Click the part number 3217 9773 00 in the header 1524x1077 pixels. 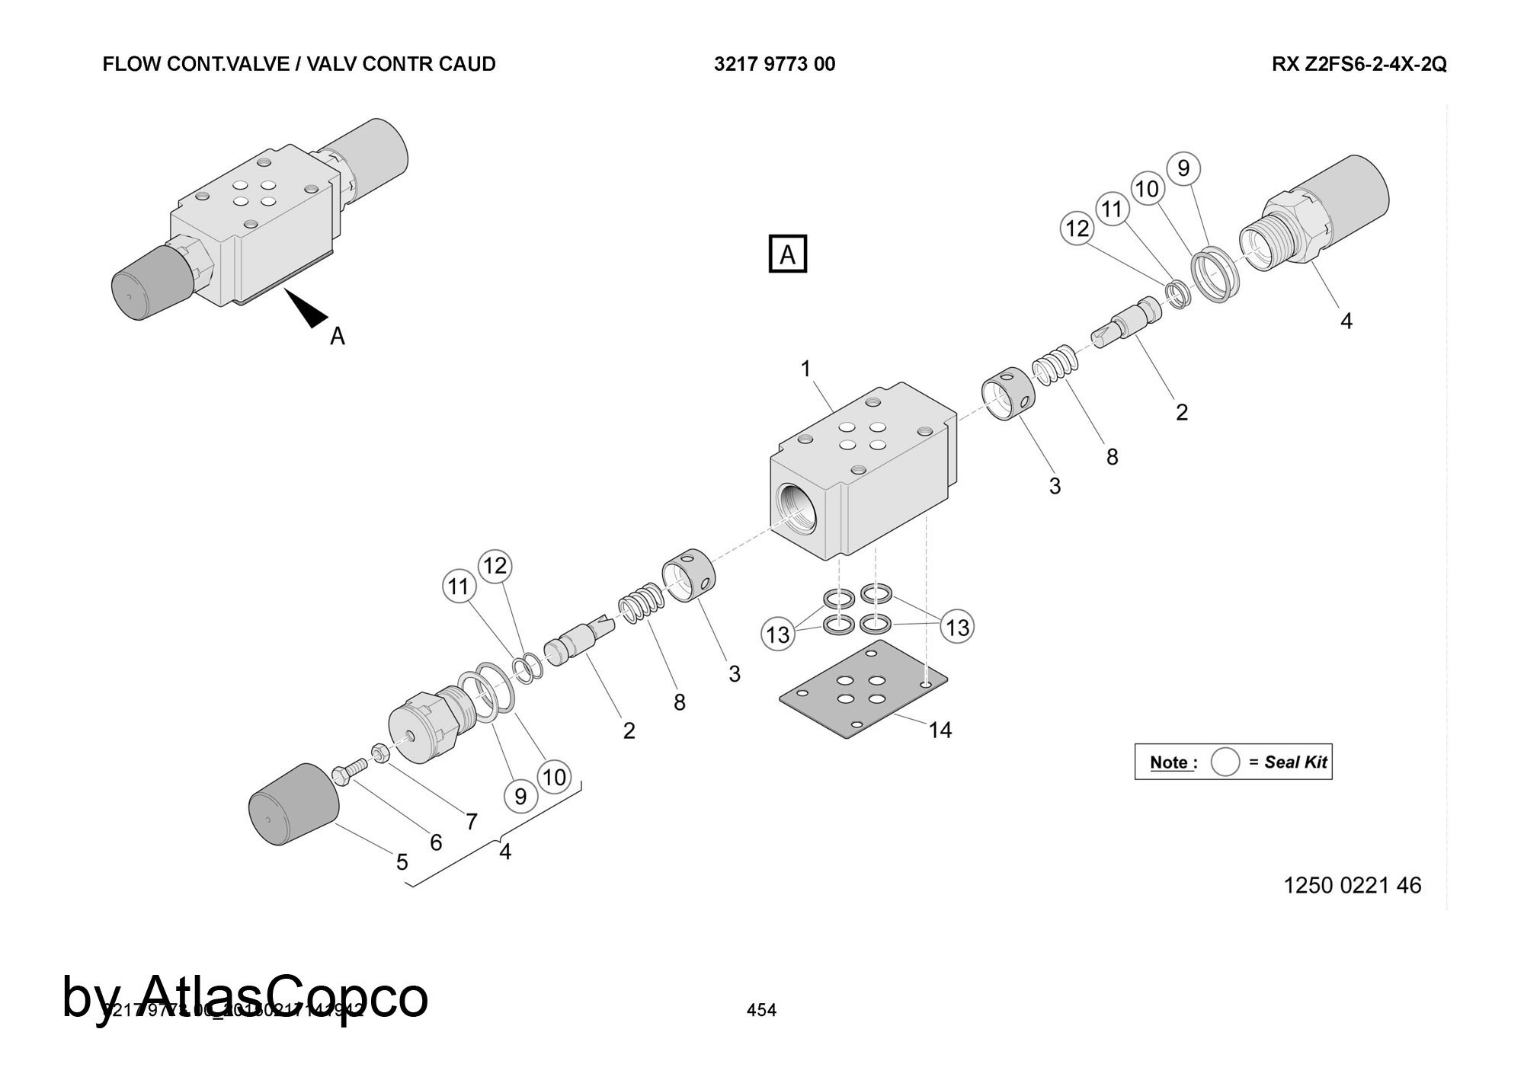(x=774, y=64)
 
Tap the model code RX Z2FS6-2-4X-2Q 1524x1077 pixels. (x=1359, y=64)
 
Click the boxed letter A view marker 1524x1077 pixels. (x=787, y=254)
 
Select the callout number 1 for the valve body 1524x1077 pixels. (x=805, y=369)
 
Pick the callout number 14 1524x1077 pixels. (x=940, y=730)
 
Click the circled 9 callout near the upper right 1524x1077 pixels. (x=1183, y=168)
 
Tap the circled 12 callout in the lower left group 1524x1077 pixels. (x=495, y=566)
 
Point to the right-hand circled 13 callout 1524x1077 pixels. (x=957, y=627)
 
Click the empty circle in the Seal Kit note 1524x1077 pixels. (x=1225, y=762)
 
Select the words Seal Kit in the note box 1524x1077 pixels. (x=1295, y=762)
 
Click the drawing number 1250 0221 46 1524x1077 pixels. (x=1353, y=885)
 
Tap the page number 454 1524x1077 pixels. (x=761, y=1010)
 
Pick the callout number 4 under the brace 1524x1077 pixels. (x=504, y=851)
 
